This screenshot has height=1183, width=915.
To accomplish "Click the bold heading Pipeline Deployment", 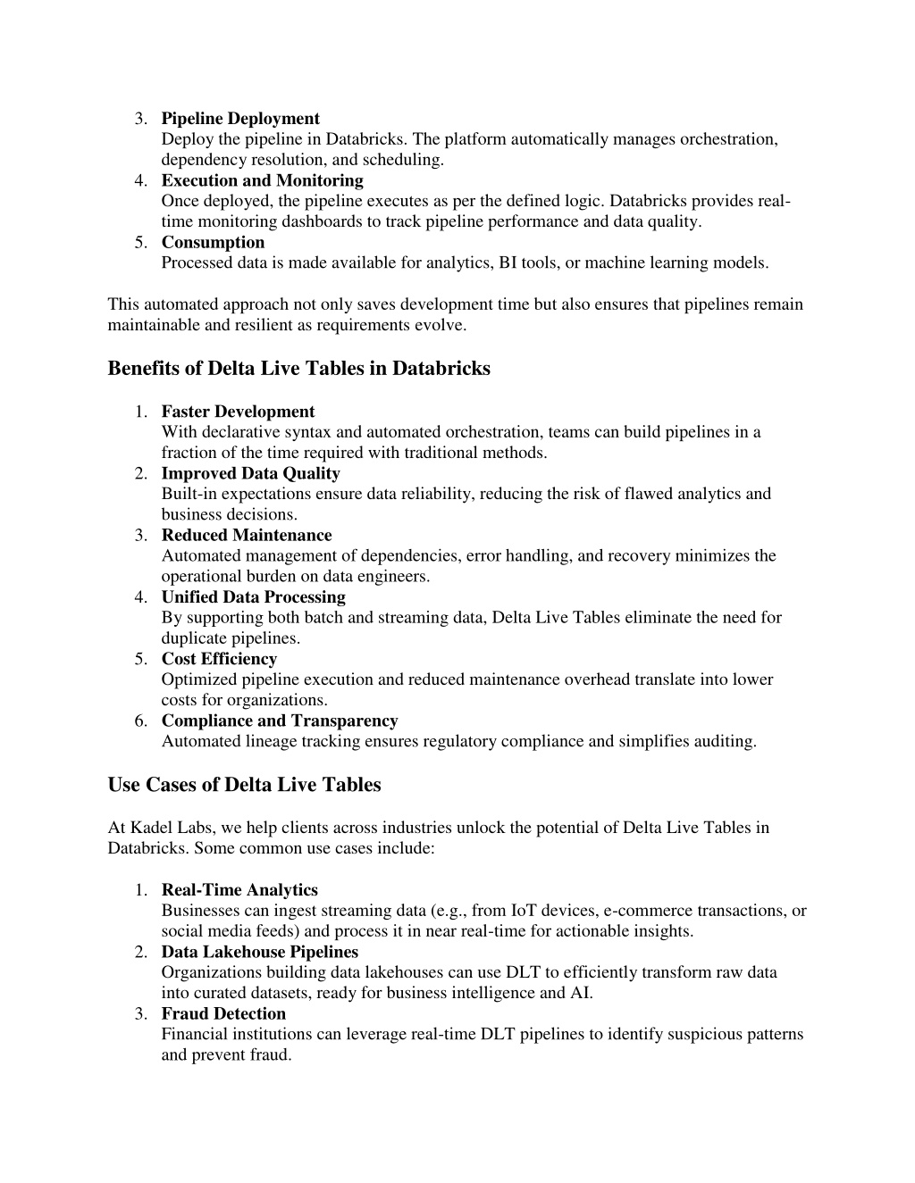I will pos(240,119).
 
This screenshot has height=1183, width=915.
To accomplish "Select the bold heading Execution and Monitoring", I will pos(262,180).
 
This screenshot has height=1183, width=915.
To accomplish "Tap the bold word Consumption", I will pos(213,242).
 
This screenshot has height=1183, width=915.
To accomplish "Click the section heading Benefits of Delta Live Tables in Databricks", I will pos(298,369).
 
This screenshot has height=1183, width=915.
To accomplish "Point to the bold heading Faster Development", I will pos(238,412).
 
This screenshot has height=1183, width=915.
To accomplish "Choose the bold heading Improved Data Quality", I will pos(250,473).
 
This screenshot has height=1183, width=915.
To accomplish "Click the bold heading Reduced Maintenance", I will pos(246,535).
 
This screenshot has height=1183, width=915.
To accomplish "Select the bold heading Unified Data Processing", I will pos(253,596).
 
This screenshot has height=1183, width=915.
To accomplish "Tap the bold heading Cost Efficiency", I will pos(219,659).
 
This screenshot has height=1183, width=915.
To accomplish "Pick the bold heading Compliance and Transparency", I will pos(280,721).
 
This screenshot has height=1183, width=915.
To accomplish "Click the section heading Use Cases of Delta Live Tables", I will pos(244,785).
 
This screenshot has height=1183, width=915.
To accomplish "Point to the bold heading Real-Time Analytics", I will pos(239,890).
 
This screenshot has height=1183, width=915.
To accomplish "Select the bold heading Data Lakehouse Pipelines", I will pos(259,952).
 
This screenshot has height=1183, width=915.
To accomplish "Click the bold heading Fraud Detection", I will pos(223,1013).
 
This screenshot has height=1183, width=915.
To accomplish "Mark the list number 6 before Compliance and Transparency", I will pos(141,721).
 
